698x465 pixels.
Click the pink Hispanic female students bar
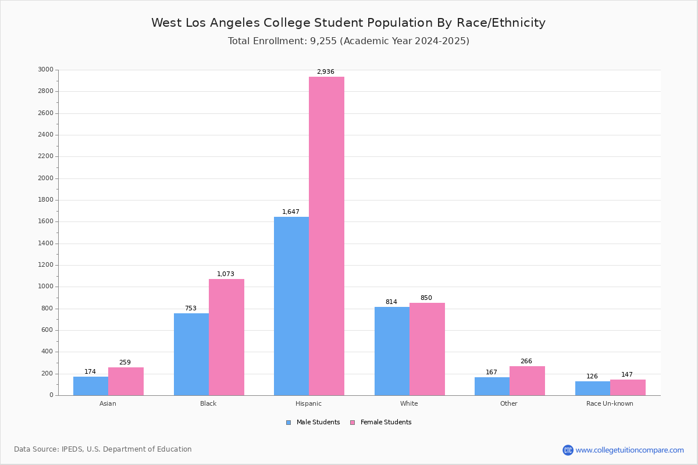click(326, 236)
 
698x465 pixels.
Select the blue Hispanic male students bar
click(291, 306)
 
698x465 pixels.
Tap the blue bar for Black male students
click(191, 354)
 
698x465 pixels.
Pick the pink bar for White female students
click(427, 349)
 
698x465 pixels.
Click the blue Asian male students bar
click(91, 386)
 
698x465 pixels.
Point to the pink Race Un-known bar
click(628, 387)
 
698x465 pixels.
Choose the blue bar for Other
click(492, 386)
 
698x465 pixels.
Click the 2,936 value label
click(326, 72)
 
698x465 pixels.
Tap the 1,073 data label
click(226, 274)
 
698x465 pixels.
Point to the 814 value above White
click(391, 302)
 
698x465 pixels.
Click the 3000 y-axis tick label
click(45, 70)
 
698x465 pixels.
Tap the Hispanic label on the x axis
click(308, 403)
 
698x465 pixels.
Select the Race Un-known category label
click(610, 403)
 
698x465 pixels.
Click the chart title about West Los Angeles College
click(348, 23)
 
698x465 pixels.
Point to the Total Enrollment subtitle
click(348, 41)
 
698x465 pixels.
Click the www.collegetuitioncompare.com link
click(629, 450)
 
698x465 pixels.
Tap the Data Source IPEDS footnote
click(103, 449)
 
